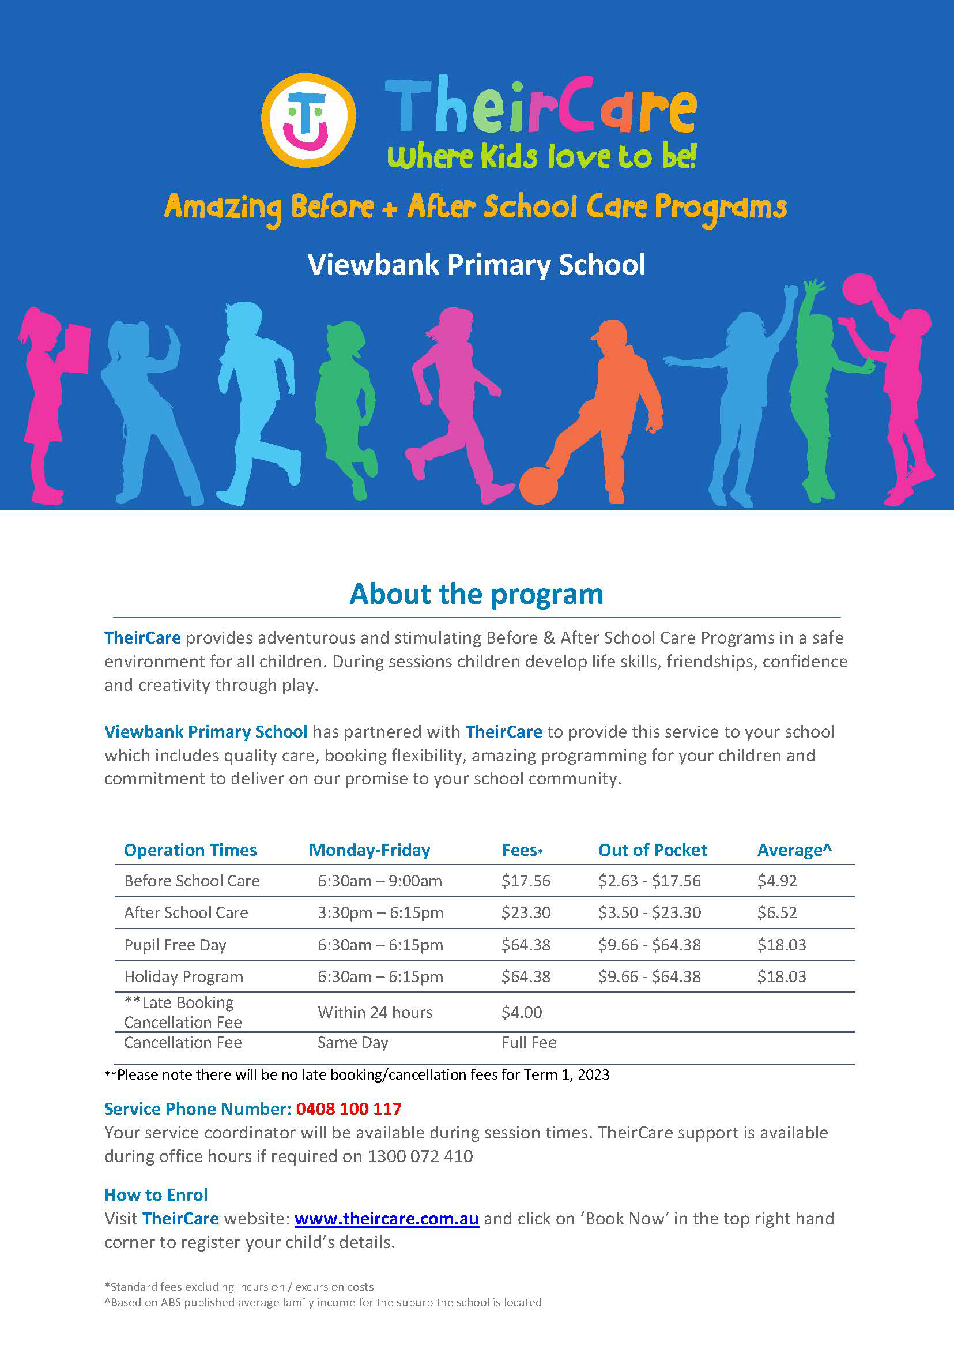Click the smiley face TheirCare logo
(x=308, y=120)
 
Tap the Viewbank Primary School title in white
(x=476, y=265)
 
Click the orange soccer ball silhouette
(x=538, y=486)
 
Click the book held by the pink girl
(x=76, y=348)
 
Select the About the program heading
(x=476, y=593)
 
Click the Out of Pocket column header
(x=652, y=850)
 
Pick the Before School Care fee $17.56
(x=526, y=881)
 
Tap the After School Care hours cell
(x=380, y=912)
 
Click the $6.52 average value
(x=776, y=912)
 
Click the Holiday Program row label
(x=183, y=976)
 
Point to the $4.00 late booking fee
(x=522, y=1012)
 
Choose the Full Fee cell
(x=529, y=1042)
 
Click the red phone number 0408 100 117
(x=348, y=1108)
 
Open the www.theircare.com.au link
(x=387, y=1219)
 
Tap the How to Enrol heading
(x=156, y=1194)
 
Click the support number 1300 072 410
(x=420, y=1156)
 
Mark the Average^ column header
(x=794, y=850)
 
